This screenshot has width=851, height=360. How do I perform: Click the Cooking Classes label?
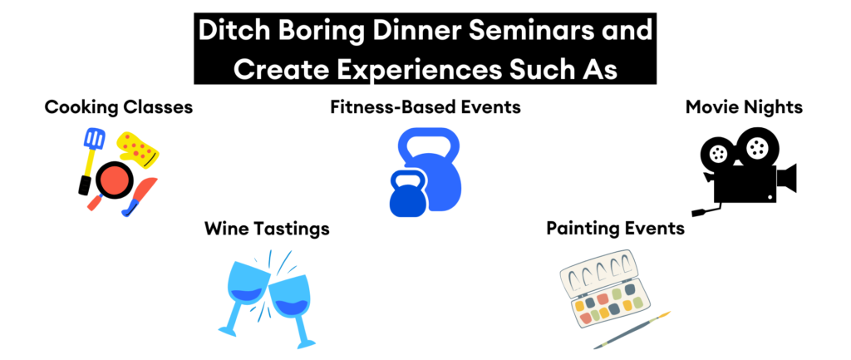[118, 107]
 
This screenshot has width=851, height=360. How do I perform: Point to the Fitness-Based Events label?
[425, 107]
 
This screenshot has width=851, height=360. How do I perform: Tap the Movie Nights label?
[745, 107]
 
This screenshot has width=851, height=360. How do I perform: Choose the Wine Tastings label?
[267, 229]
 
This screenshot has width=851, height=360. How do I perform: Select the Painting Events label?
[615, 229]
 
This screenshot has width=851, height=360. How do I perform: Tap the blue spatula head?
[93, 141]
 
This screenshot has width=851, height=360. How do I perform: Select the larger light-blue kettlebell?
[435, 166]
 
